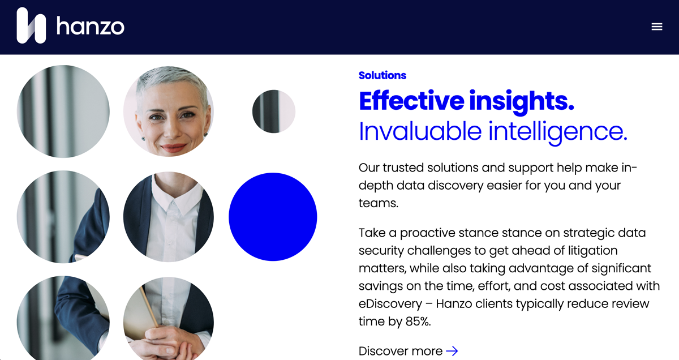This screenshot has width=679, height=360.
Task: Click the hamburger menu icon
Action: point(657,27)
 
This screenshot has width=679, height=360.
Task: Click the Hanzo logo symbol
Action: point(31,25)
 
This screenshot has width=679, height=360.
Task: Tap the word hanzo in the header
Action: point(91,26)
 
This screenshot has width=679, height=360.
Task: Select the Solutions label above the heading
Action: point(383,75)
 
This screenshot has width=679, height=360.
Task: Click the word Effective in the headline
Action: point(411,100)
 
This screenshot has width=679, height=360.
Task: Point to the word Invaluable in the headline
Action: point(420,131)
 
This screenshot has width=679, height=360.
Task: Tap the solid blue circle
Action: point(273,217)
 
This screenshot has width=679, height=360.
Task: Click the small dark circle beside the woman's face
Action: point(274,112)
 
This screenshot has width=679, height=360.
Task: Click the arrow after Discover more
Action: point(452,351)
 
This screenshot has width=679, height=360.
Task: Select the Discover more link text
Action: point(401,351)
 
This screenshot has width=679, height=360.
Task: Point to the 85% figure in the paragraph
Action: point(418,322)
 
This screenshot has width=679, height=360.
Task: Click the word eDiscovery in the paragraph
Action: point(390,304)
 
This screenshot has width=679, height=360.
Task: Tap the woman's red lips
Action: point(174,148)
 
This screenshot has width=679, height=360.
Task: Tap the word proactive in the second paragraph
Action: point(427,233)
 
